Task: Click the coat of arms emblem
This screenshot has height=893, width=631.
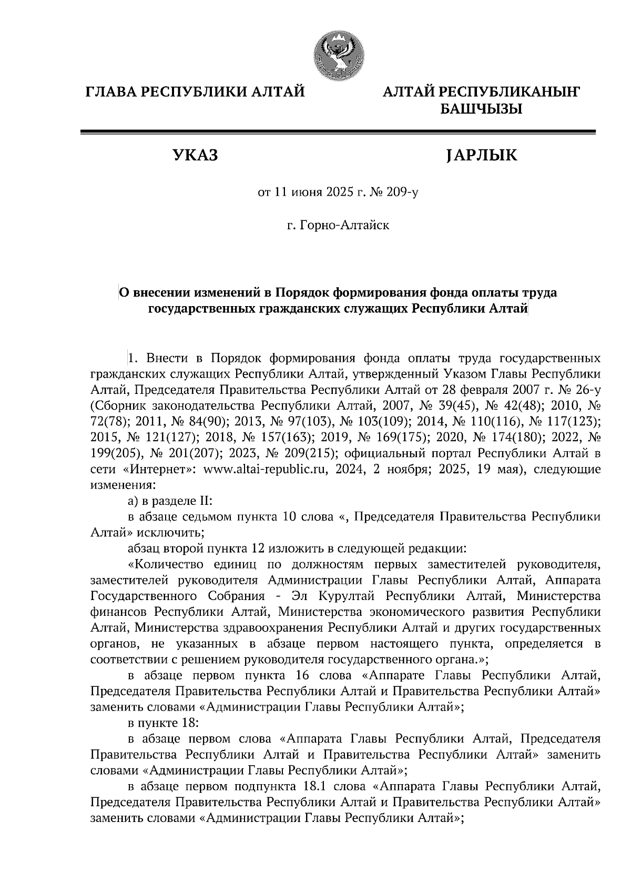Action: [x=337, y=55]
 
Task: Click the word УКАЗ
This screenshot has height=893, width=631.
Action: [x=195, y=156]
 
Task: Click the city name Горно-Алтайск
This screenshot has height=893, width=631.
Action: [x=344, y=226]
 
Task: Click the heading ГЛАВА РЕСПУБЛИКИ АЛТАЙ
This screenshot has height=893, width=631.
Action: [x=195, y=93]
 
